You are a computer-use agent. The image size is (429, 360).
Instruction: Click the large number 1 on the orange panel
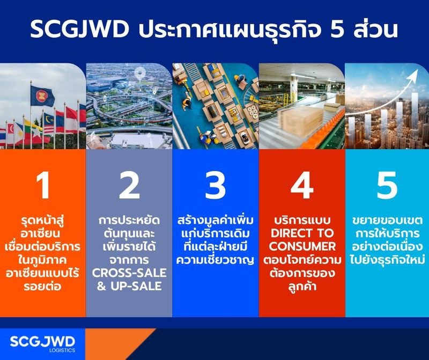(x=42, y=186)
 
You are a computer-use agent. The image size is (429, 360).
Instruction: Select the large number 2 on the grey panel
(x=129, y=186)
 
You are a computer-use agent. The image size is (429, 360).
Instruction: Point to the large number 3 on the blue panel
(x=215, y=186)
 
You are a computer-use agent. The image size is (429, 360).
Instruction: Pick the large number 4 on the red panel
(x=301, y=186)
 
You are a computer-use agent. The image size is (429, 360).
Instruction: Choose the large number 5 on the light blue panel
(x=387, y=186)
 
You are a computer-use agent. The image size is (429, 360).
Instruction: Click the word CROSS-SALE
(x=129, y=273)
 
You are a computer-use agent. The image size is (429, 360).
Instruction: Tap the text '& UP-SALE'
(x=129, y=286)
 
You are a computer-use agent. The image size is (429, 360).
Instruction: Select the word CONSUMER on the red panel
(x=302, y=247)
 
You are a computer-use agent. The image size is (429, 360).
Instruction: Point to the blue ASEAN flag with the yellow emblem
(x=41, y=97)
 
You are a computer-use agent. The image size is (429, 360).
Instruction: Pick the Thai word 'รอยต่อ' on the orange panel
(x=42, y=286)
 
